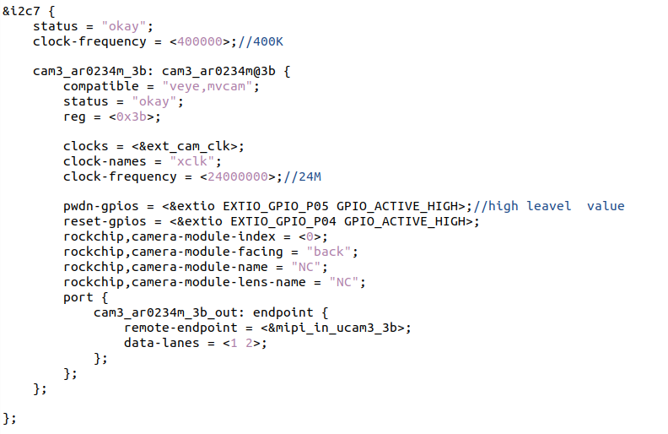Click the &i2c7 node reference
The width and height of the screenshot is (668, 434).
tap(21, 11)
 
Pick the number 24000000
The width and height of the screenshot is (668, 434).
tap(237, 176)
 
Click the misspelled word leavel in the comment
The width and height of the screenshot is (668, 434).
tap(549, 206)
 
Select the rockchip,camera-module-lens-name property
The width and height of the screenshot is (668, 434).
tap(185, 282)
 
